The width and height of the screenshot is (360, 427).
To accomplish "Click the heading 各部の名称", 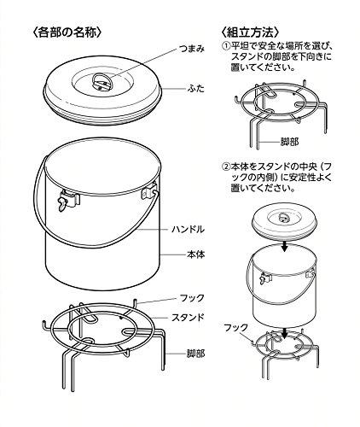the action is click(67, 32).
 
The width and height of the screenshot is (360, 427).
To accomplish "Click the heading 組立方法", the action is click(250, 32).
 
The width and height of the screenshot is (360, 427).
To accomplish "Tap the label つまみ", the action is click(192, 49).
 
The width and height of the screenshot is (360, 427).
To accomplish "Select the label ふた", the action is click(196, 89).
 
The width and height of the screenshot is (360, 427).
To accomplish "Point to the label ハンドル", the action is click(188, 229).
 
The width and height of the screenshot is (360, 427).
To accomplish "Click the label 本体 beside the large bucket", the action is click(196, 254).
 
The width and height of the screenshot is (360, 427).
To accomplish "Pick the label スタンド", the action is click(188, 317).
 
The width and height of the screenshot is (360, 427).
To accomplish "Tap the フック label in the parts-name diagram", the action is click(192, 298).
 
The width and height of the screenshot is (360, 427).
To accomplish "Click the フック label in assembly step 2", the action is click(235, 328).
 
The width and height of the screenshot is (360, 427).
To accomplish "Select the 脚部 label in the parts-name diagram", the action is click(196, 354).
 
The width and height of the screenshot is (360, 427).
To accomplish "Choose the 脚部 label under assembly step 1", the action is click(290, 142).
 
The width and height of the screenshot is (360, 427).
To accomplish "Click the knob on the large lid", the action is click(103, 82).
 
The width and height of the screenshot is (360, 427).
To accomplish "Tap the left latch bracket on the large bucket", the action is click(68, 200).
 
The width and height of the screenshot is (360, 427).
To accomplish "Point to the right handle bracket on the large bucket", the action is click(149, 190).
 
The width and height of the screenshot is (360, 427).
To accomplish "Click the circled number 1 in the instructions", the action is click(225, 46).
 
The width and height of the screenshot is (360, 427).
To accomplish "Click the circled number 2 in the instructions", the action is click(225, 167).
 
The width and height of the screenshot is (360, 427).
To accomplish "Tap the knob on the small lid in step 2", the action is click(283, 217).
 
